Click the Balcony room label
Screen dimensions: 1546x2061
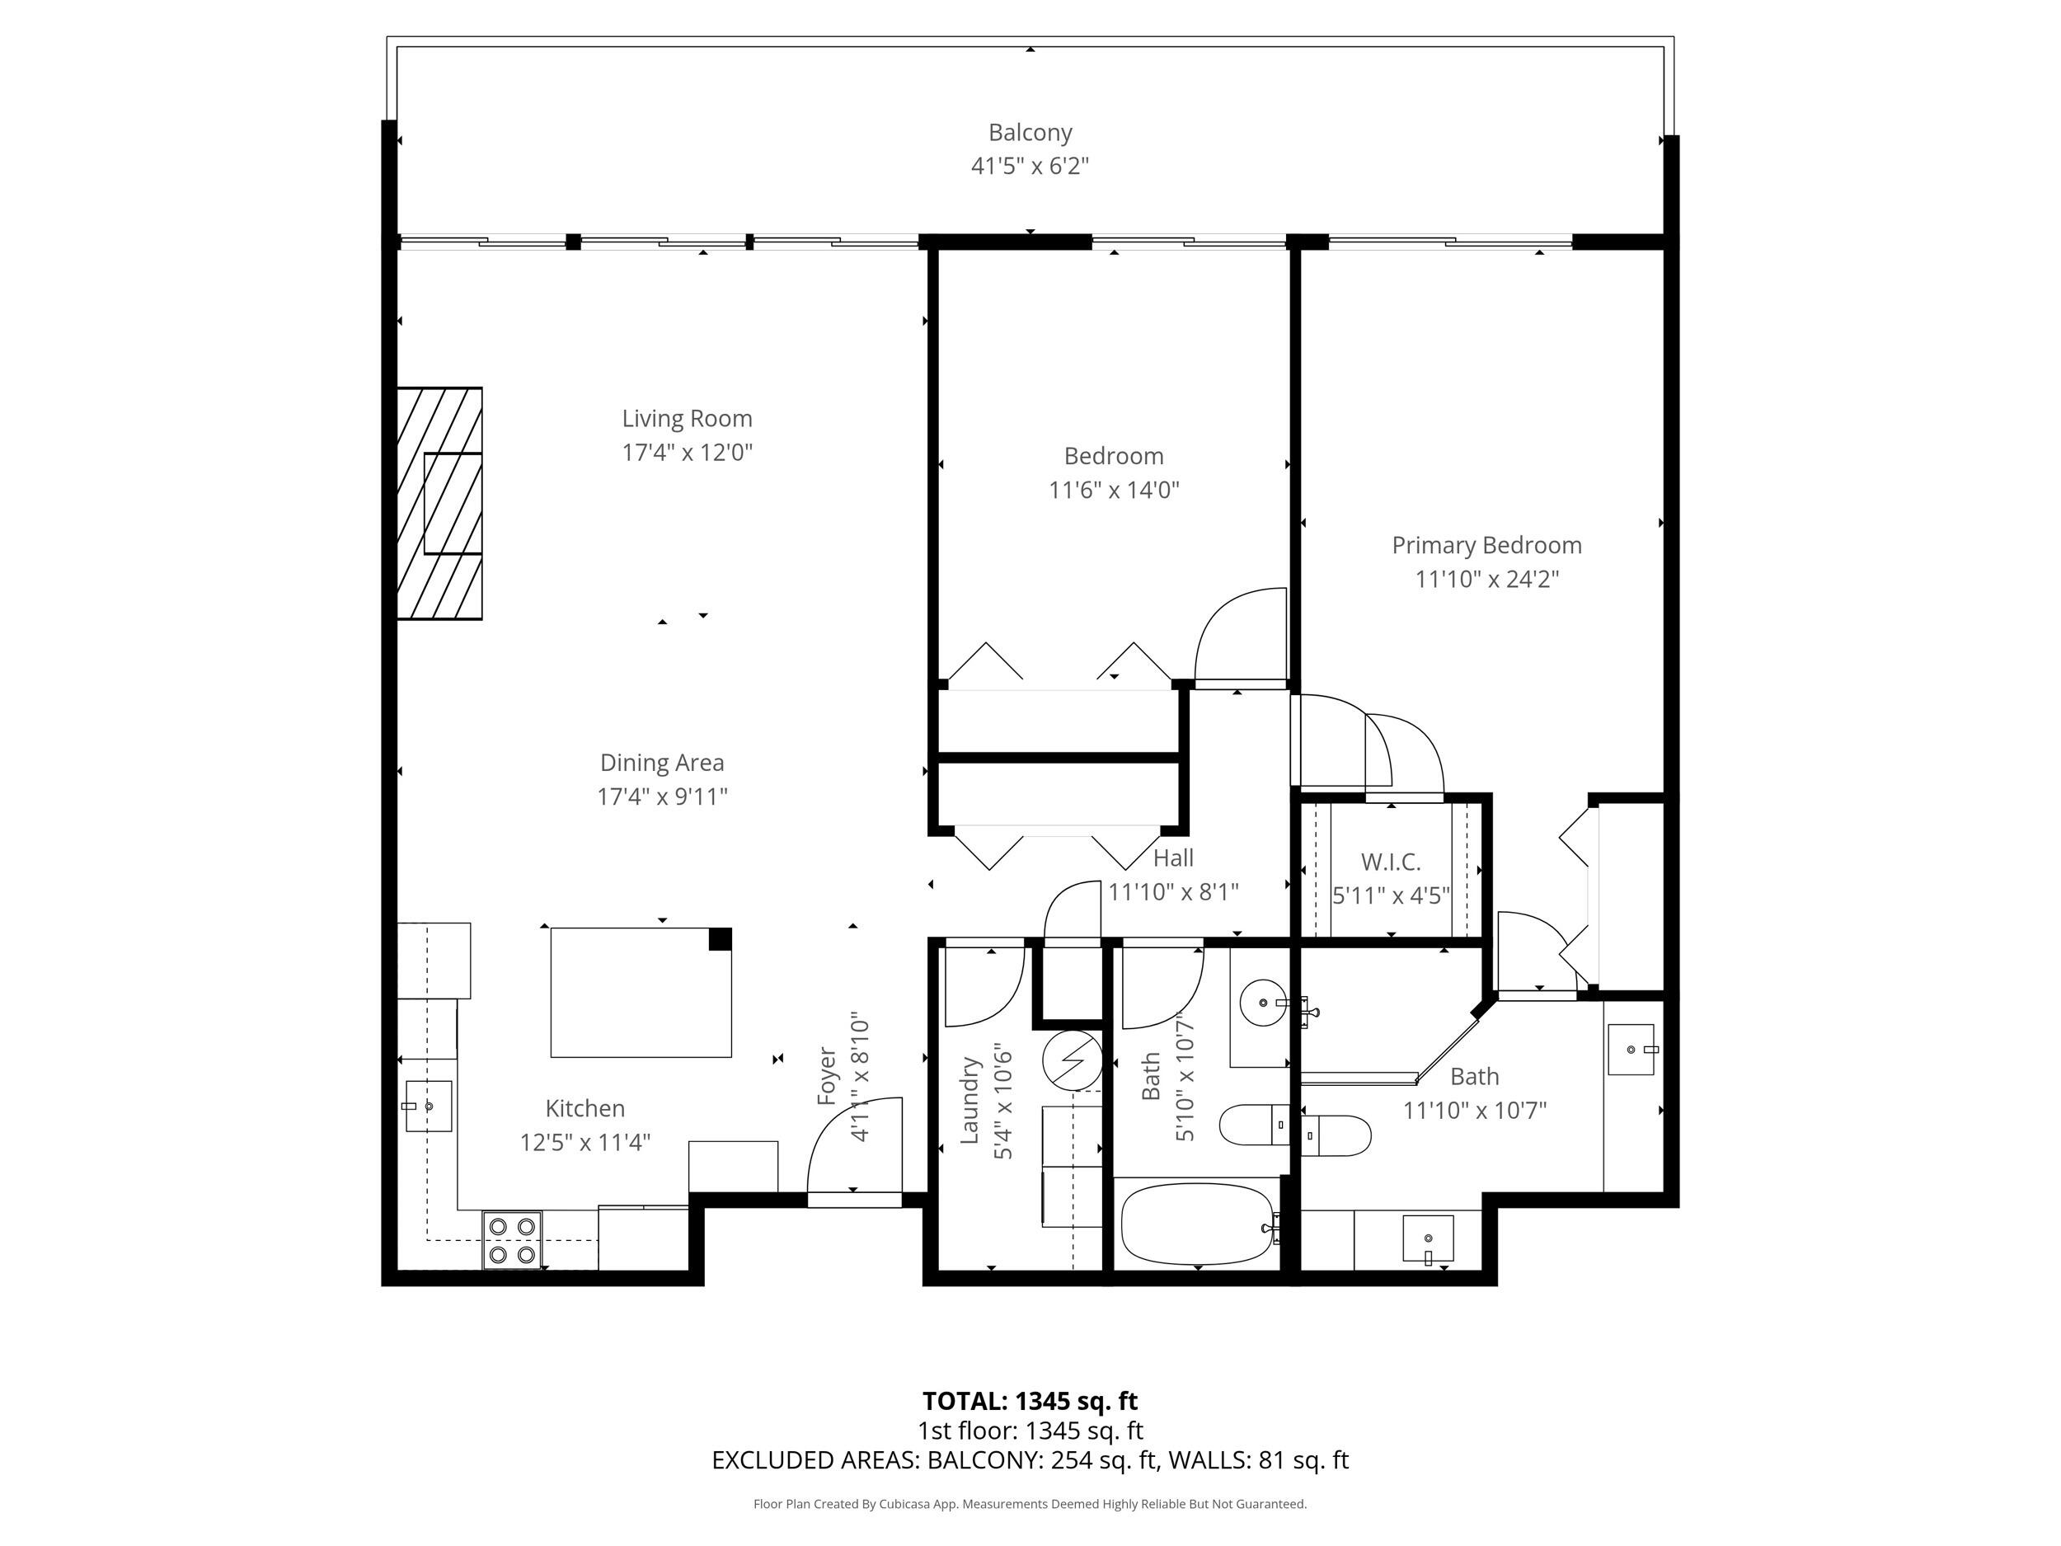(x=1030, y=132)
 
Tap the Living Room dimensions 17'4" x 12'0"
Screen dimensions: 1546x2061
(x=687, y=453)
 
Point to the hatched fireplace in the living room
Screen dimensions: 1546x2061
(x=439, y=503)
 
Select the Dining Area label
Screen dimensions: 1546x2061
(x=661, y=763)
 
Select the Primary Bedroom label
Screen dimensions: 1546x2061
(x=1486, y=545)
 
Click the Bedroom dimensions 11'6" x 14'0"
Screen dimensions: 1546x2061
(x=1114, y=490)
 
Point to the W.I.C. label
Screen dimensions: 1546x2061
(x=1390, y=861)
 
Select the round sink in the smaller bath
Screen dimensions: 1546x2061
(x=1262, y=1003)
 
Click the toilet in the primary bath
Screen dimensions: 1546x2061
(x=1336, y=1135)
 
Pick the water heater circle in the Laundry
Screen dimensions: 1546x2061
(x=1072, y=1060)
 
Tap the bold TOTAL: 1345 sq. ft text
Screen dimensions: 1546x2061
(x=1030, y=1401)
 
